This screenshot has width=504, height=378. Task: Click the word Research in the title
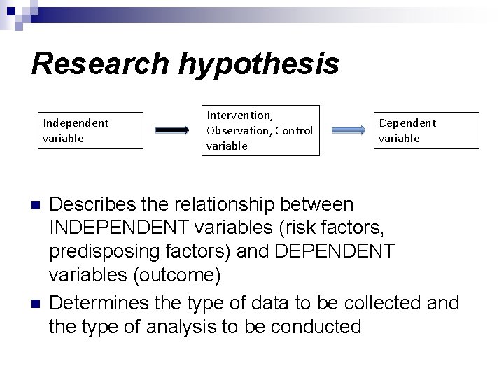click(100, 64)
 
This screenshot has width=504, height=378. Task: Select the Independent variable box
click(93, 130)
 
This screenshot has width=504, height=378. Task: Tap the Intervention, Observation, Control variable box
click(261, 130)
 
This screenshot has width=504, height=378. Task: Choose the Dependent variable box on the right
click(427, 130)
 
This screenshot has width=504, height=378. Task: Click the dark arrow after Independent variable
click(172, 130)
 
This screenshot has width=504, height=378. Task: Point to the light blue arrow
click(349, 130)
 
